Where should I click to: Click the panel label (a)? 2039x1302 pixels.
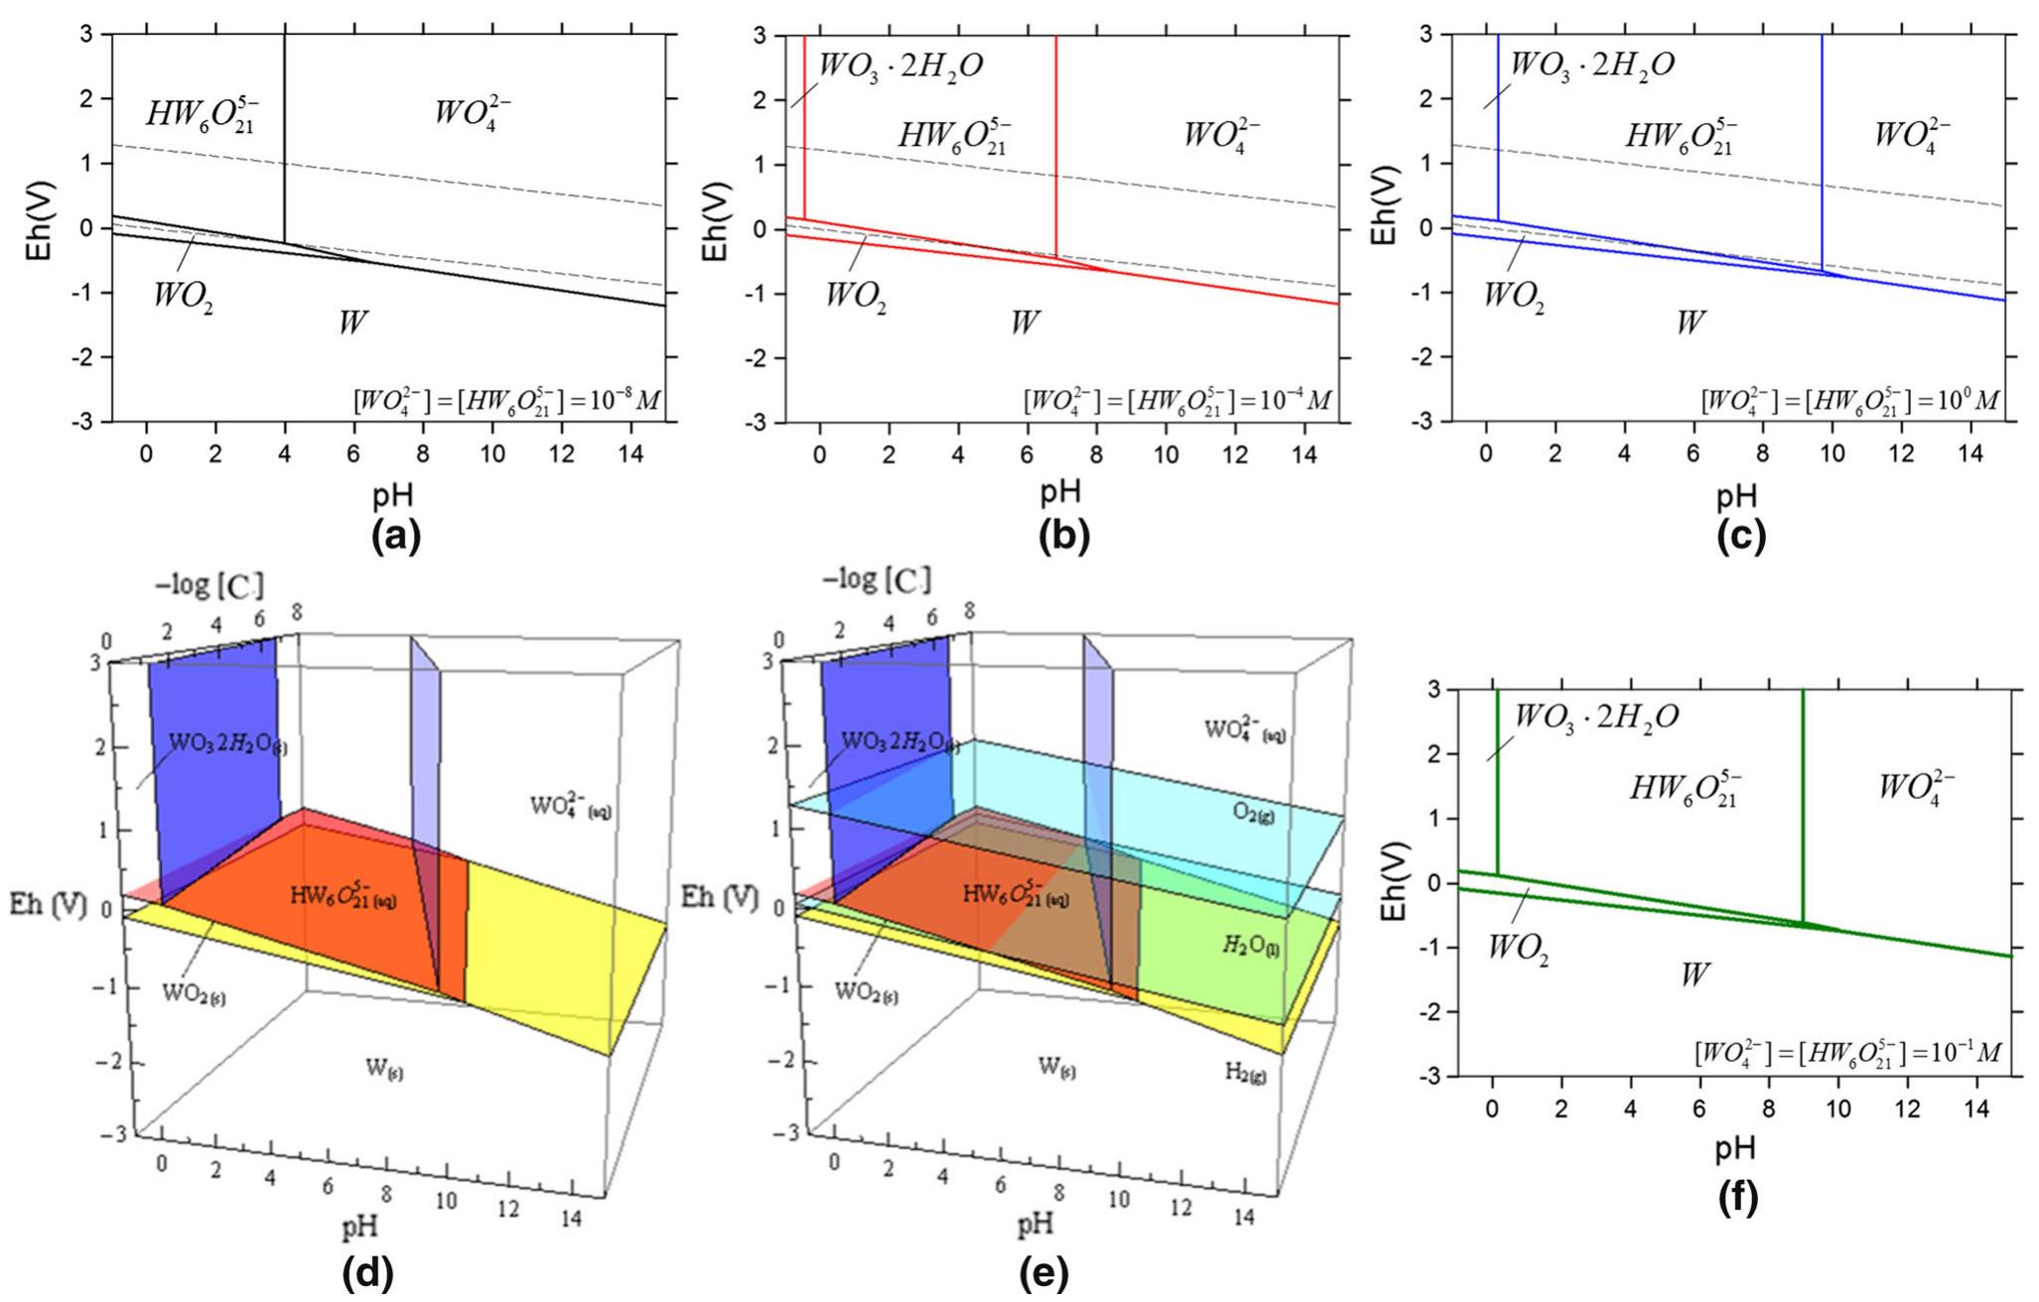coord(395,537)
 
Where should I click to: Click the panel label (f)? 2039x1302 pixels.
coord(1736,1199)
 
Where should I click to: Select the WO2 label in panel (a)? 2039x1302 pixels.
coord(183,296)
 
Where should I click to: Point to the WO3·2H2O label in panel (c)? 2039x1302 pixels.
coord(1592,65)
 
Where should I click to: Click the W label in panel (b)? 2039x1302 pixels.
coord(1024,322)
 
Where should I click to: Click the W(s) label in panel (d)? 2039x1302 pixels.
coord(386,1070)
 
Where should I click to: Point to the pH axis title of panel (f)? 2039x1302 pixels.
coord(1735,1147)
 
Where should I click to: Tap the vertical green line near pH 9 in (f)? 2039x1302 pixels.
coord(1802,794)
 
